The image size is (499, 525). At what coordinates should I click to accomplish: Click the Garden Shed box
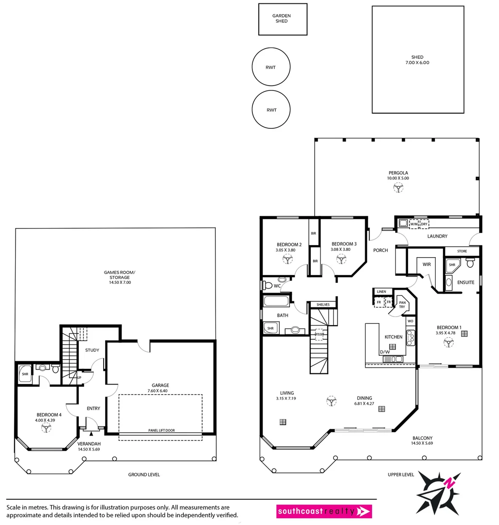click(x=283, y=19)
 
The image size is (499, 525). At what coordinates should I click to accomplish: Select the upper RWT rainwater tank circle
click(x=271, y=67)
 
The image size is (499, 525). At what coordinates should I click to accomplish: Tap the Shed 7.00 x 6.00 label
click(x=417, y=60)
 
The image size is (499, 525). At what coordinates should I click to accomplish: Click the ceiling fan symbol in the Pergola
click(x=398, y=188)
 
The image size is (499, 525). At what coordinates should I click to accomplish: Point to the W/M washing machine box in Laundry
click(x=414, y=224)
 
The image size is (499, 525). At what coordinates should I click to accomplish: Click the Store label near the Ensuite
click(x=462, y=251)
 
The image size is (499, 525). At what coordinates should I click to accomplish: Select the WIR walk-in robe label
click(x=427, y=265)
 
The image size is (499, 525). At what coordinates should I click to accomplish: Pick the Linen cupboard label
click(x=381, y=292)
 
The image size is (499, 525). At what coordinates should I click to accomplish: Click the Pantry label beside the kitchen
click(x=402, y=304)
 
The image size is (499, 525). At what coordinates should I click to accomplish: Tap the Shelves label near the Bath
click(x=323, y=305)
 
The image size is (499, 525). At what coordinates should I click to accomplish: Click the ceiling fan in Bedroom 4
click(x=46, y=427)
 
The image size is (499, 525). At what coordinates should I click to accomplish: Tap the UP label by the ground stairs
click(x=79, y=377)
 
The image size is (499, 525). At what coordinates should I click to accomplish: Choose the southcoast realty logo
click(x=324, y=511)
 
